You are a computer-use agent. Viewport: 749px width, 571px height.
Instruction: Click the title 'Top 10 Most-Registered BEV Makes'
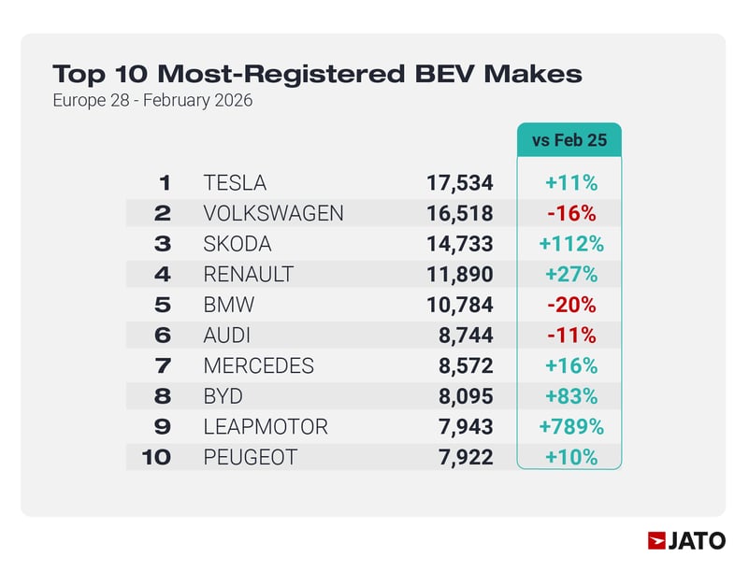tap(317, 74)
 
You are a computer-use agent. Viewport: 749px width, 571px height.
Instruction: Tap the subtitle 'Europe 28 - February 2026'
tap(152, 100)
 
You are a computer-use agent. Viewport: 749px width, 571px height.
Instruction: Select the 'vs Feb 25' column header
tap(570, 141)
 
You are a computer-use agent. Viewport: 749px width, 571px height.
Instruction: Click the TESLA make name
tap(235, 183)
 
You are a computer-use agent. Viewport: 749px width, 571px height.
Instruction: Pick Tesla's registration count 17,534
tap(459, 183)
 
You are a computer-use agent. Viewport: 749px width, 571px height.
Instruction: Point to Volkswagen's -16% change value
tap(570, 213)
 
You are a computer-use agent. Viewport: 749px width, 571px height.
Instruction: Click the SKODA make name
tap(238, 244)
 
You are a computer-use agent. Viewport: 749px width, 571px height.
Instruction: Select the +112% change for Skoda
tap(570, 244)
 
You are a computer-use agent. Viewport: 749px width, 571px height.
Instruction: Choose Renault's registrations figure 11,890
tap(459, 275)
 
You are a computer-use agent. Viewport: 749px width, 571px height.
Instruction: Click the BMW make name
tap(229, 305)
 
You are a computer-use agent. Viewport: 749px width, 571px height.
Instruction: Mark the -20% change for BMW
tap(570, 305)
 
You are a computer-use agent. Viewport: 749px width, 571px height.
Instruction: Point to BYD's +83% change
tap(570, 396)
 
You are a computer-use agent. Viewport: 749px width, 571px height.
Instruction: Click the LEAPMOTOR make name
tap(266, 427)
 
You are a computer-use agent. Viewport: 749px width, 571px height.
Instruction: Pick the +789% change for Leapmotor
tap(570, 427)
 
